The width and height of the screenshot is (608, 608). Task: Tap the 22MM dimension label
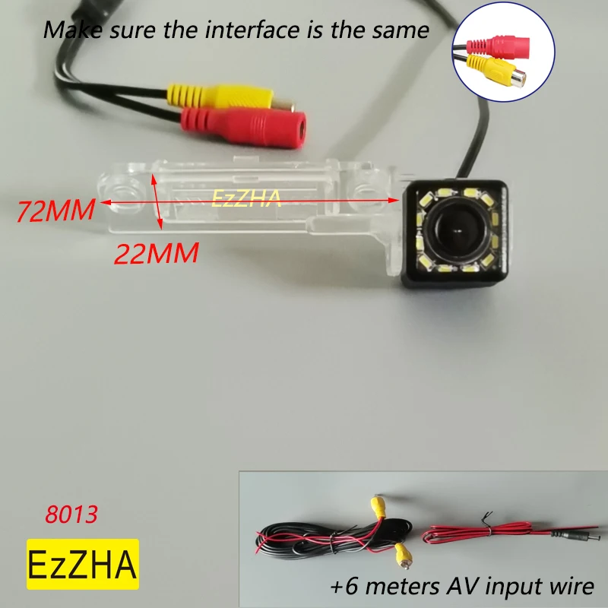tap(156, 252)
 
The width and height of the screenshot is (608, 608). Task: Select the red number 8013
tap(71, 515)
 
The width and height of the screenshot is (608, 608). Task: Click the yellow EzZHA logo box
tap(83, 564)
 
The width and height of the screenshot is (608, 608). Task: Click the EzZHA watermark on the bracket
tap(246, 199)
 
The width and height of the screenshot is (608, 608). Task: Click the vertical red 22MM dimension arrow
tap(157, 201)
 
